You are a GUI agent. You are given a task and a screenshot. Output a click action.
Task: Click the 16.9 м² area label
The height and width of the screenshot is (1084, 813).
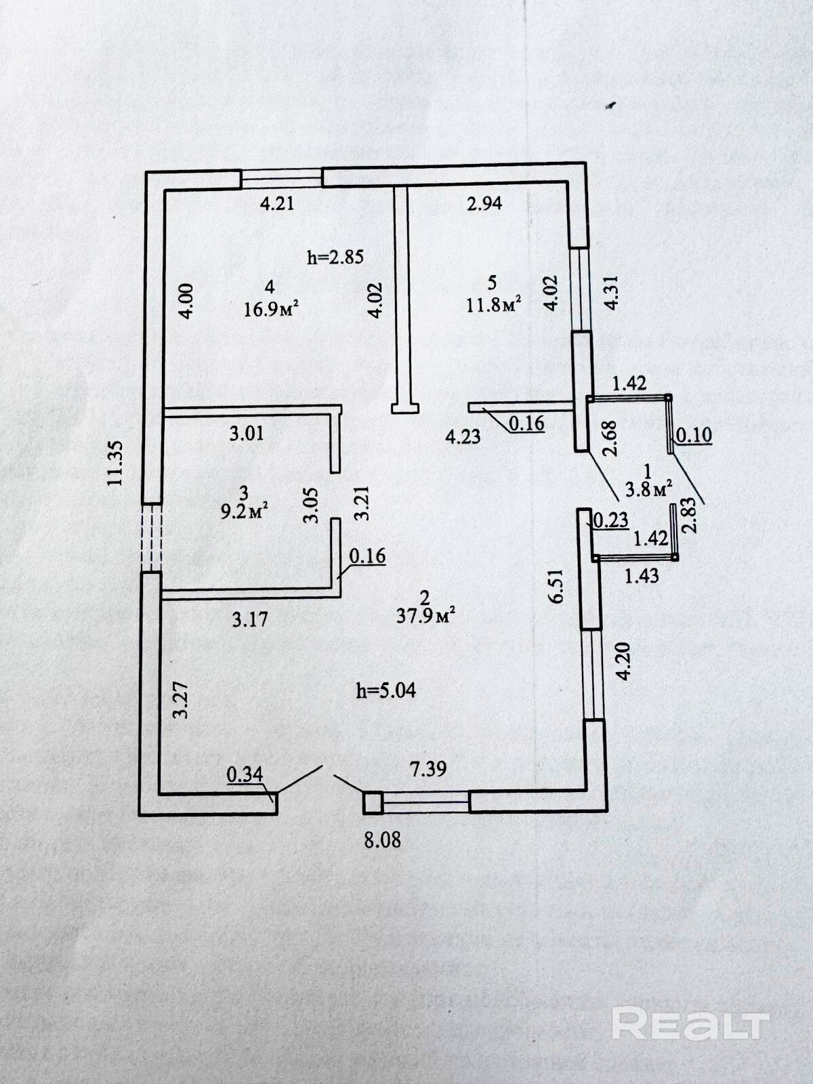click(272, 310)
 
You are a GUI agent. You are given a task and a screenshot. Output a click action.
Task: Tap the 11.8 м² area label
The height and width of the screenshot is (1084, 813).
click(494, 305)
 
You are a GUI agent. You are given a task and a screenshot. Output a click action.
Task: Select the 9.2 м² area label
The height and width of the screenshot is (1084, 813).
click(245, 512)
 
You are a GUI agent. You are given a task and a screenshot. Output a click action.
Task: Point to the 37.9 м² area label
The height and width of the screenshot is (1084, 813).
click(426, 615)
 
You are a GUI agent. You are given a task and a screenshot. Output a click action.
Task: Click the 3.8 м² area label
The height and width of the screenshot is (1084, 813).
click(649, 489)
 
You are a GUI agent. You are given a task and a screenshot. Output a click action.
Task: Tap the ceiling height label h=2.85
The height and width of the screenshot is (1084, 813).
click(335, 257)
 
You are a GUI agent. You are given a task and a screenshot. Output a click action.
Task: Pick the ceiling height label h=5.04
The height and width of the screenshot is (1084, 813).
click(386, 690)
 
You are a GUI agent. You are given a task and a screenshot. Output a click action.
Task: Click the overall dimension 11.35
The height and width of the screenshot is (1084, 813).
click(115, 463)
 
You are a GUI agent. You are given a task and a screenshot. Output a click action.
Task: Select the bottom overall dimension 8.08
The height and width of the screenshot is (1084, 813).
click(383, 839)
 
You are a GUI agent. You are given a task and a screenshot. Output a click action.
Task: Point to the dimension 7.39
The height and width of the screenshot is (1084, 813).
click(428, 768)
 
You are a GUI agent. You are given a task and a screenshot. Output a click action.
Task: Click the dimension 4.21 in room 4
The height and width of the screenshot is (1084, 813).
click(277, 203)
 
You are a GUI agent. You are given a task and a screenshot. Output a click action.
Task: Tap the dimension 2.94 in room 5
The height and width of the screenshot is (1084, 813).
click(484, 203)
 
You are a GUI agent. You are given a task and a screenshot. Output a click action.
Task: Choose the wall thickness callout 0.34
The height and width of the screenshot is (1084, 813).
click(245, 774)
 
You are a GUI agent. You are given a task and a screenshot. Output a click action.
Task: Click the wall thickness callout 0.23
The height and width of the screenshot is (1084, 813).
click(612, 520)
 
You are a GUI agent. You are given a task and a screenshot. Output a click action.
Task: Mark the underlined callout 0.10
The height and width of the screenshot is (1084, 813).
click(694, 435)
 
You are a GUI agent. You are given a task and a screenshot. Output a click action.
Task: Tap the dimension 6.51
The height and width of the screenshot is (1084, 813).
click(556, 586)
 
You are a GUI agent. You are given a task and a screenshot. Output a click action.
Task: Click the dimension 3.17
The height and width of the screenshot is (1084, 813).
click(250, 619)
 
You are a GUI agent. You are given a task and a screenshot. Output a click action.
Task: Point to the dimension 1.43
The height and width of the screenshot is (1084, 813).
click(642, 575)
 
